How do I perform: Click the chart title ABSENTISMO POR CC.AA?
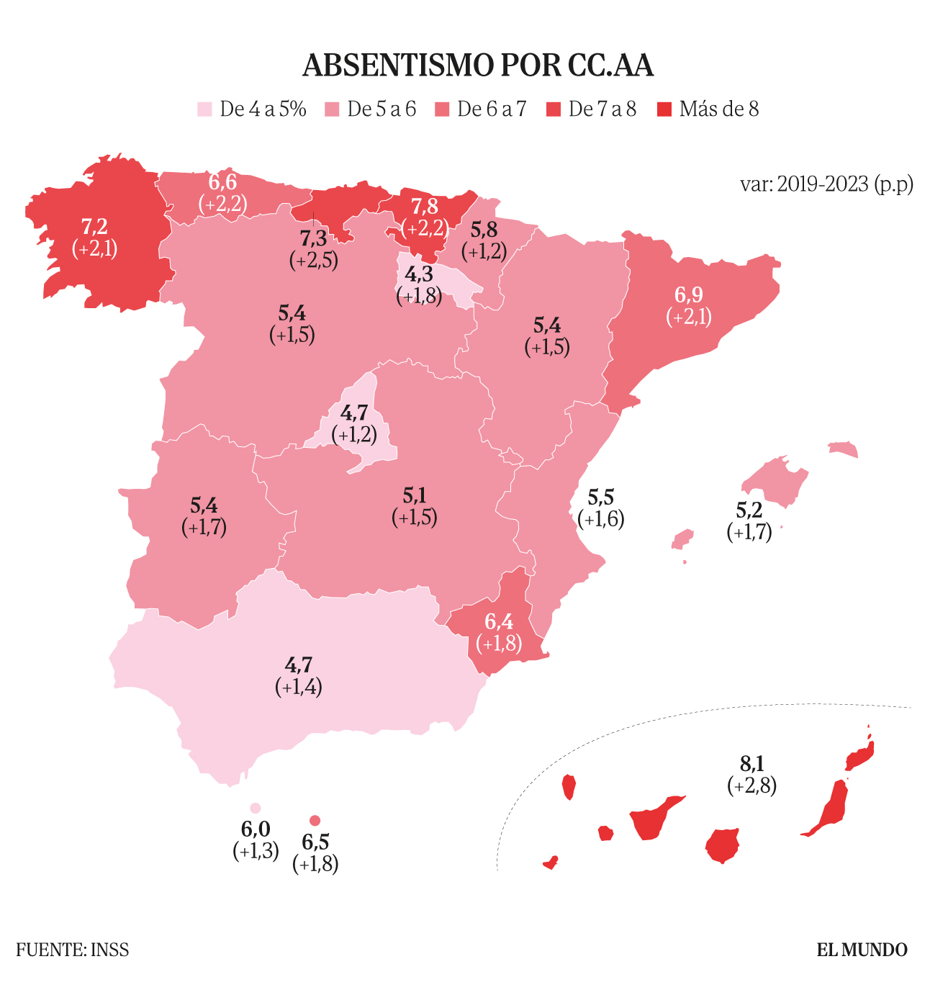(478, 66)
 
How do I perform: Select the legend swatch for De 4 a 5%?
(205, 109)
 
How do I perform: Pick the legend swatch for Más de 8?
(665, 109)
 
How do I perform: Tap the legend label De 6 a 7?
(492, 109)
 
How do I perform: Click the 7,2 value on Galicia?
(94, 227)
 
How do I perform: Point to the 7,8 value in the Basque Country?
(424, 207)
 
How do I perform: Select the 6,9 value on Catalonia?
(688, 294)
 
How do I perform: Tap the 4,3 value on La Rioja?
(418, 274)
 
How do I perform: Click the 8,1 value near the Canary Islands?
(751, 763)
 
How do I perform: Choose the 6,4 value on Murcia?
(499, 621)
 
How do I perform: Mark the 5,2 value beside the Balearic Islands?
(749, 510)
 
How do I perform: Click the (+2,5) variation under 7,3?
(314, 260)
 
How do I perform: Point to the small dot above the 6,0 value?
(255, 809)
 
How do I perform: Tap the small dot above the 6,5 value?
(315, 821)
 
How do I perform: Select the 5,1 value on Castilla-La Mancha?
(415, 495)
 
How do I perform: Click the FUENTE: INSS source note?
(73, 950)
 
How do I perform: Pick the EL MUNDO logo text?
(862, 950)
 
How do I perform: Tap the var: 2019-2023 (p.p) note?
(826, 184)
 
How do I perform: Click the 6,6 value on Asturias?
(222, 182)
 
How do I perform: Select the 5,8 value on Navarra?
(484, 230)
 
